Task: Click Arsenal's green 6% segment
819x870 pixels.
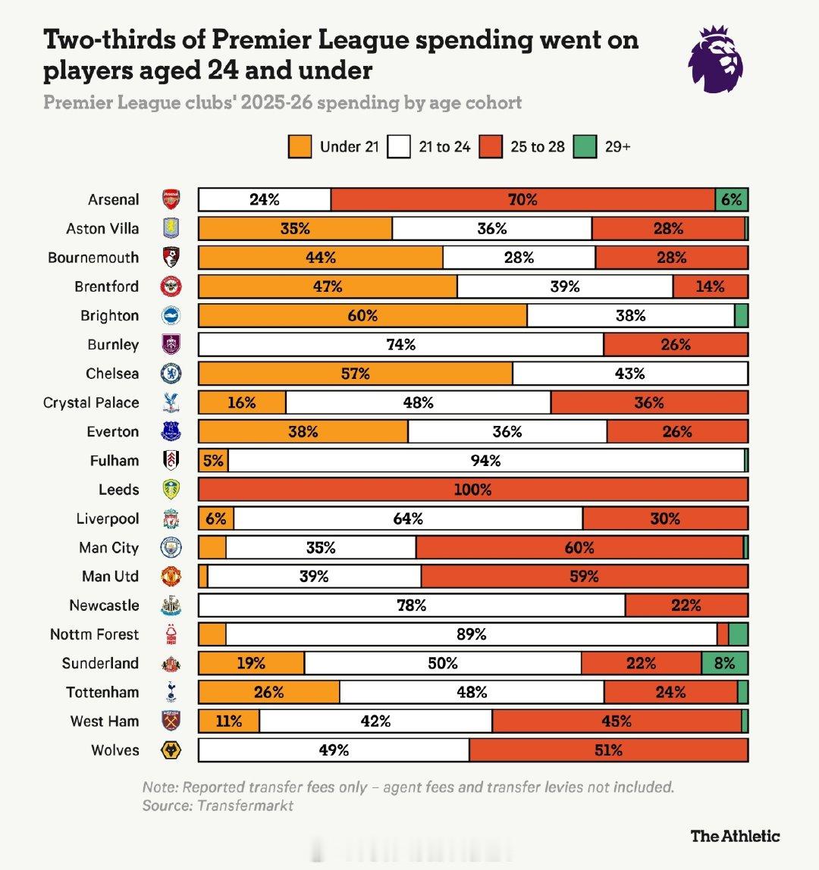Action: point(732,200)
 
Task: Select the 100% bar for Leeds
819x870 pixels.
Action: point(473,490)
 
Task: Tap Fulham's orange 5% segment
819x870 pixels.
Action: point(213,461)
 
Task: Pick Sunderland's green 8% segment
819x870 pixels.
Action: point(724,663)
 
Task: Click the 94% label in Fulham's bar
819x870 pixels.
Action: point(485,461)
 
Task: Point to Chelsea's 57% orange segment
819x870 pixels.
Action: point(355,374)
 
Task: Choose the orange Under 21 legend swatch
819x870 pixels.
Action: point(300,147)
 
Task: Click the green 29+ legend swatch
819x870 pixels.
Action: point(585,147)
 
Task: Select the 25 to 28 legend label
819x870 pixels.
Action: point(538,147)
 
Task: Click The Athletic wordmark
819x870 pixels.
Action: point(735,836)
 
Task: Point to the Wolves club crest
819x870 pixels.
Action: point(171,750)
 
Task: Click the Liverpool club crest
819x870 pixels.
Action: point(171,519)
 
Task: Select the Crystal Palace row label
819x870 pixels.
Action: point(91,403)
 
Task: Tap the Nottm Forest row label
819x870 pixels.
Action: point(95,634)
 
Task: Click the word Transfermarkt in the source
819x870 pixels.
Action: point(245,806)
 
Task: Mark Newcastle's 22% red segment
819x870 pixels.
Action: point(686,606)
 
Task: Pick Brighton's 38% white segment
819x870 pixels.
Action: point(630,316)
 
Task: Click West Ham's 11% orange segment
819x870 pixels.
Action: point(228,721)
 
